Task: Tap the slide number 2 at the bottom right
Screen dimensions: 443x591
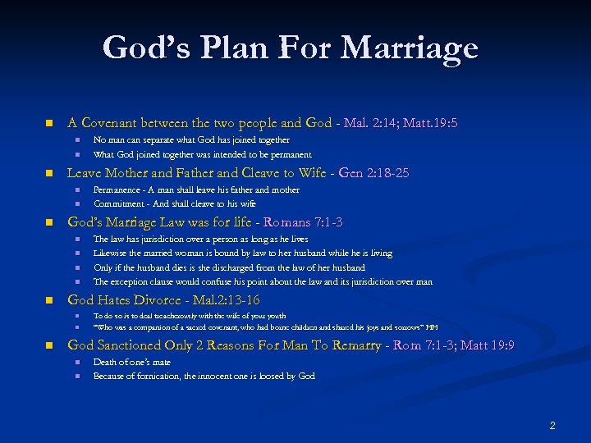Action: click(x=552, y=425)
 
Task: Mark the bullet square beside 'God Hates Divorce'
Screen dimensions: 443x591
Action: click(x=48, y=301)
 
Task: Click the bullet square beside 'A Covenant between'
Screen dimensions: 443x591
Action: click(x=48, y=124)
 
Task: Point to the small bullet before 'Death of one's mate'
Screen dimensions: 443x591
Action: click(x=76, y=363)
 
